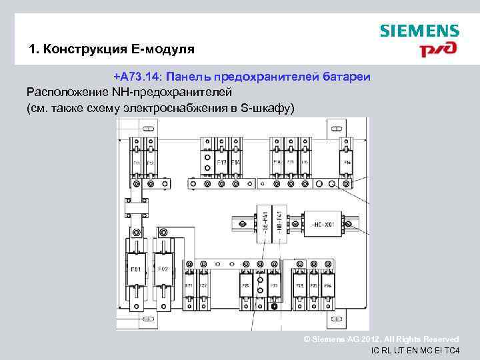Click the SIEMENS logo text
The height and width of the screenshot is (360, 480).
[x=419, y=31]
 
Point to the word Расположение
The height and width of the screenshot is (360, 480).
[x=65, y=92]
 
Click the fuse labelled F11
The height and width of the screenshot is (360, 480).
[x=136, y=162]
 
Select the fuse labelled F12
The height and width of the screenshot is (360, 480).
[x=150, y=162]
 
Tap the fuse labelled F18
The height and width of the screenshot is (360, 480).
[x=276, y=162]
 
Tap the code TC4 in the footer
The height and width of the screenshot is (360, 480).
[x=451, y=351]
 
